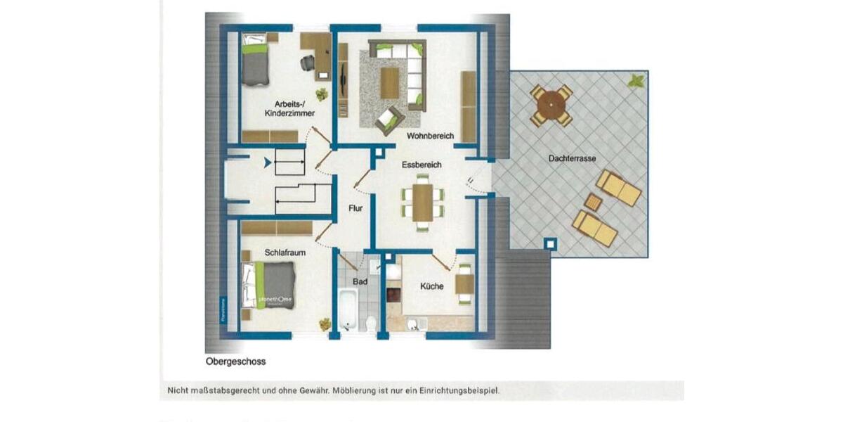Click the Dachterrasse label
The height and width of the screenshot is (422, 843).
click(x=572, y=159)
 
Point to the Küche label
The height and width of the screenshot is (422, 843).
click(x=431, y=286)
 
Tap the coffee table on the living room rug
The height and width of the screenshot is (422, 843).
click(x=389, y=83)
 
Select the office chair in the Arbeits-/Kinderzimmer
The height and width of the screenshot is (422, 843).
click(x=308, y=63)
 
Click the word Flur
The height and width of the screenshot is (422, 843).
click(x=355, y=208)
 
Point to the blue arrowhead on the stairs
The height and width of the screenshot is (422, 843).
click(x=267, y=163)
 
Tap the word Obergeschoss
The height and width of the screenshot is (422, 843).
click(x=235, y=362)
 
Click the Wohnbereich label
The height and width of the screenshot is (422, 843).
click(x=430, y=136)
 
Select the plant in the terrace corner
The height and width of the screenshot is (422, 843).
click(x=636, y=80)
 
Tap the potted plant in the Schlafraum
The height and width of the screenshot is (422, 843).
click(x=325, y=324)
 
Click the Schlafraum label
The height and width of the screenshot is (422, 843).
click(x=282, y=251)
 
